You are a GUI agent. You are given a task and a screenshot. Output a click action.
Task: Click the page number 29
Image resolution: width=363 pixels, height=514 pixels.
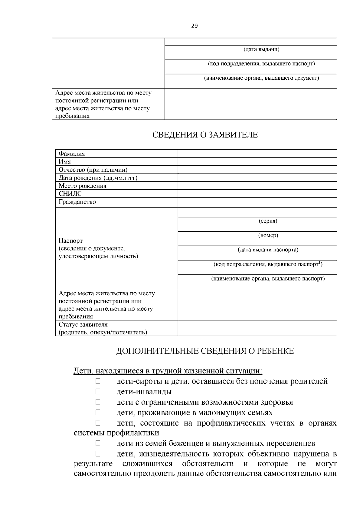(194, 26)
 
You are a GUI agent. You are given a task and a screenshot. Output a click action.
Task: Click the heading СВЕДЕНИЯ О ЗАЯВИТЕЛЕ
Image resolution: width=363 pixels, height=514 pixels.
(205, 135)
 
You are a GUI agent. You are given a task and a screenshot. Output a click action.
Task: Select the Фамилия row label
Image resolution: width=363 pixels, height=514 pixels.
(72, 154)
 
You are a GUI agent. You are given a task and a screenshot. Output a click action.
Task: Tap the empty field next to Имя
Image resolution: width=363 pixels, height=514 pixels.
(257, 161)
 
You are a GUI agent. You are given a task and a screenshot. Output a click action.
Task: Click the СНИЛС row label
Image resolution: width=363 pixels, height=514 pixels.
(70, 194)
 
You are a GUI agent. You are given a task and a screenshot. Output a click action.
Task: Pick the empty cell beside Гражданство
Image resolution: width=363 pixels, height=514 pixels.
(257, 202)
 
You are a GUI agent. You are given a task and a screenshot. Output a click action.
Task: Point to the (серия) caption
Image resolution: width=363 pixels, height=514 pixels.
(268, 221)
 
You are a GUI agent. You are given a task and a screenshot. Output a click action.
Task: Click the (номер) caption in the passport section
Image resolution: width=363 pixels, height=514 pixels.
(268, 235)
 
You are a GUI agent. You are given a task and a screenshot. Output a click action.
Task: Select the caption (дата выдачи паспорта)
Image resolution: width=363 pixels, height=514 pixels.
(268, 250)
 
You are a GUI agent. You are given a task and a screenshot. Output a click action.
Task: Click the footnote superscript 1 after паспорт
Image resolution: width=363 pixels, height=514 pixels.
(320, 263)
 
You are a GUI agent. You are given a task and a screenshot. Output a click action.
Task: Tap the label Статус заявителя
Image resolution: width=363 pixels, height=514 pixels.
(83, 325)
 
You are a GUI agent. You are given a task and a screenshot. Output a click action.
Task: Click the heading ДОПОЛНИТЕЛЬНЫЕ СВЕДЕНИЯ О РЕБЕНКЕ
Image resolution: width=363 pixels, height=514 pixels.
(205, 351)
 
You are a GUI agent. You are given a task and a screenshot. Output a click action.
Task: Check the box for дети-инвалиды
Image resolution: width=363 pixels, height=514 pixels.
(98, 392)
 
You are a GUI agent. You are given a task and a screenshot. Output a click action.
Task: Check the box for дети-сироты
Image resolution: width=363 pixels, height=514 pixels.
(98, 381)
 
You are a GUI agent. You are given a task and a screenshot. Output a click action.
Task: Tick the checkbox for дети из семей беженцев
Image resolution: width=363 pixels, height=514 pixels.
(98, 443)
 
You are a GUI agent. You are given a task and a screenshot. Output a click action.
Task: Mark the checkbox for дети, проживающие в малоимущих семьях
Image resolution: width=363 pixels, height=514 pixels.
(98, 413)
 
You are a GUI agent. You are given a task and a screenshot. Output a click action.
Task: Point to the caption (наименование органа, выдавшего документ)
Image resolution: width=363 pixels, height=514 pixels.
(261, 78)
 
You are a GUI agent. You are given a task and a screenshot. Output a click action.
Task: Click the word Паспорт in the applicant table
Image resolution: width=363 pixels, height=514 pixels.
(70, 241)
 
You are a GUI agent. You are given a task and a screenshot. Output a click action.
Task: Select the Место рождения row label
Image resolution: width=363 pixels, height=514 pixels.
(83, 186)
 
